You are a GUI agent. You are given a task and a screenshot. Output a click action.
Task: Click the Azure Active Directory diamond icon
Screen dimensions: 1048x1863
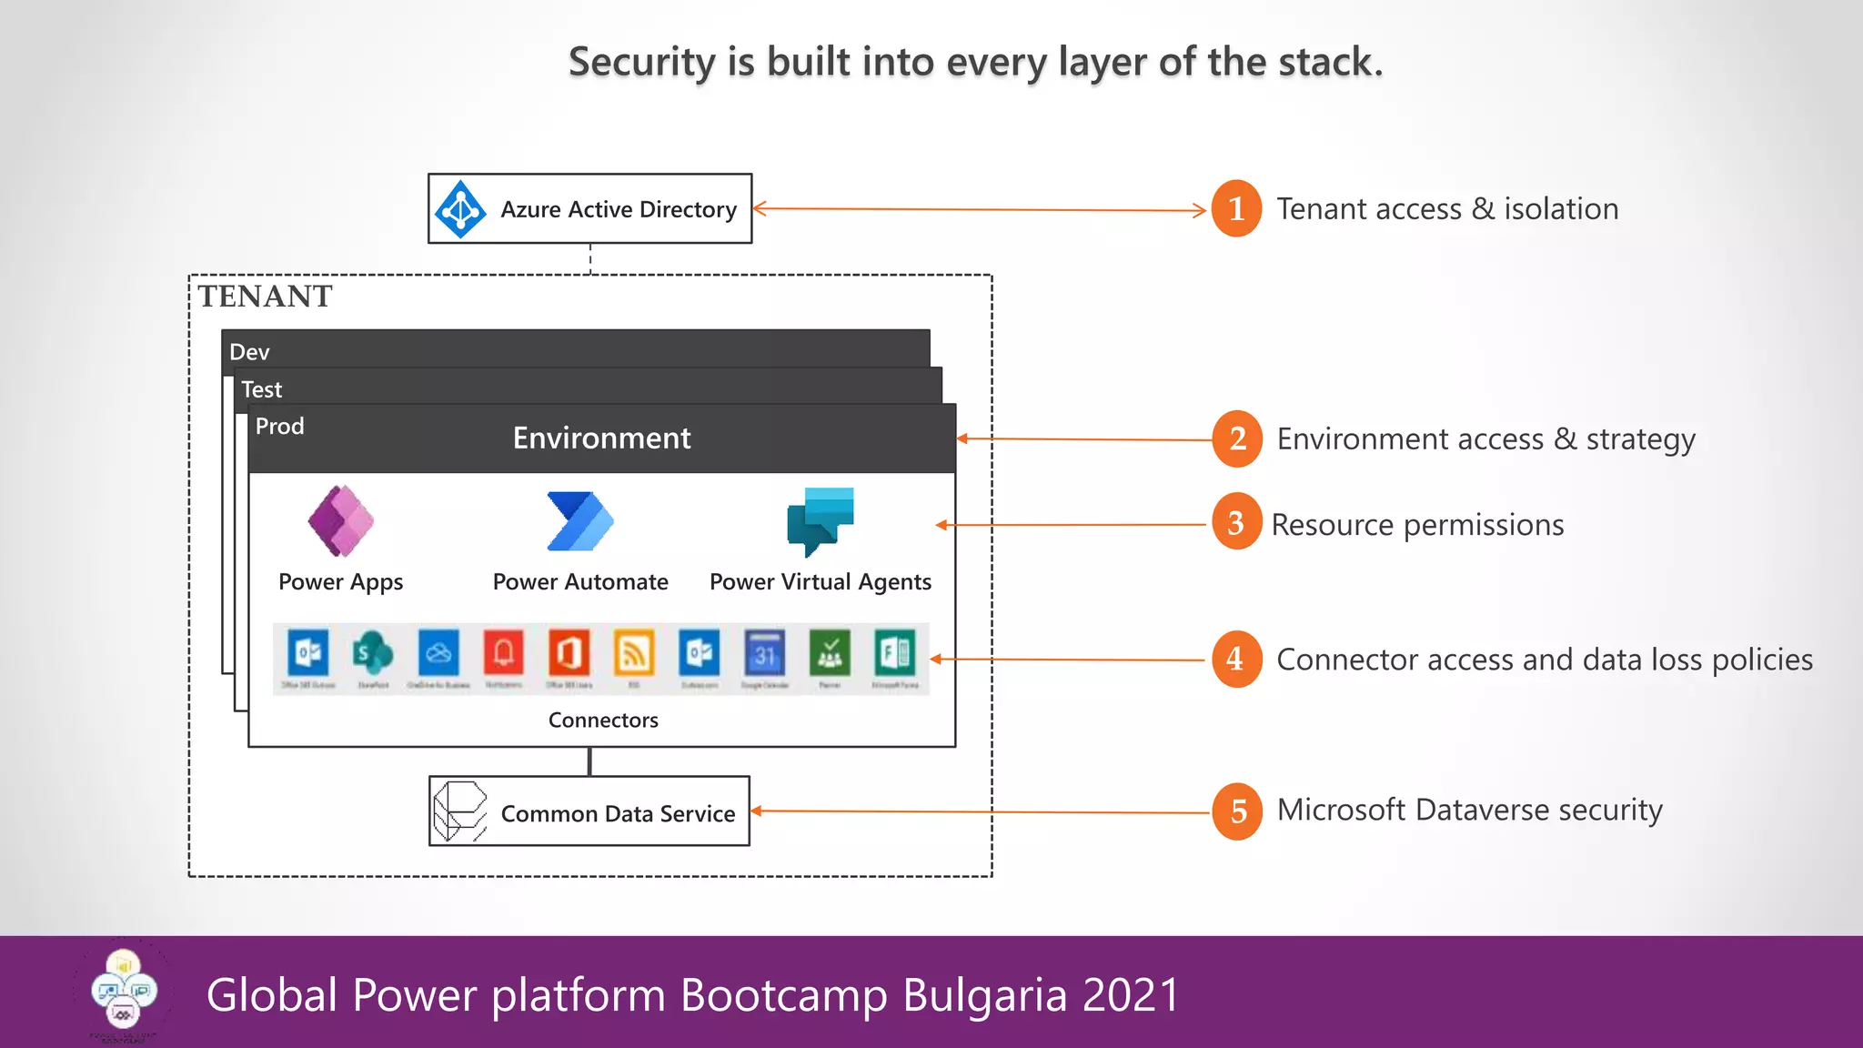tap(460, 209)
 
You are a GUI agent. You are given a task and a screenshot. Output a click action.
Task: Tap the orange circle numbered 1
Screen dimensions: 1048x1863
tap(1236, 208)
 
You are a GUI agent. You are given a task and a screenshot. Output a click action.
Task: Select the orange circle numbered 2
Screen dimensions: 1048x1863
tap(1237, 438)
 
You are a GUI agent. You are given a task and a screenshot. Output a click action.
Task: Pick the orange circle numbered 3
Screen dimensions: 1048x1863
tap(1236, 522)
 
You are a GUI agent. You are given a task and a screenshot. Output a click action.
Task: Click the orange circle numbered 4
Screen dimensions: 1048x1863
tap(1236, 659)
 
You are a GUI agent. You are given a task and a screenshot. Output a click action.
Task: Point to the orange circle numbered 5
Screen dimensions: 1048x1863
tap(1237, 811)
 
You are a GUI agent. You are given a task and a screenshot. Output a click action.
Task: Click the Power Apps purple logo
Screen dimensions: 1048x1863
tap(341, 521)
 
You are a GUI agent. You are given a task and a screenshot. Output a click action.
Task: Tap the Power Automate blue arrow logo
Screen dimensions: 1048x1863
tap(580, 521)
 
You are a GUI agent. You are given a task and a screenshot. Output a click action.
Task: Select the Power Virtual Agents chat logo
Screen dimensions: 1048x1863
tap(820, 521)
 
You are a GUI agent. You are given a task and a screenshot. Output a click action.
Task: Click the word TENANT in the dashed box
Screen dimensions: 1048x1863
tap(266, 297)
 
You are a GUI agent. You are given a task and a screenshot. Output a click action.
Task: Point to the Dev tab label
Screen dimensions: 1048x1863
tap(249, 352)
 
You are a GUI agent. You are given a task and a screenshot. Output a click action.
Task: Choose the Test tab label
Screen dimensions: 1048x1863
tap(261, 389)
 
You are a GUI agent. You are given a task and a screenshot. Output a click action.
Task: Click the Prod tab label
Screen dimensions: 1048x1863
tap(279, 426)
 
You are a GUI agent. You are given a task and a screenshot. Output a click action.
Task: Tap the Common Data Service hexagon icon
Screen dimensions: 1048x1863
tap(460, 811)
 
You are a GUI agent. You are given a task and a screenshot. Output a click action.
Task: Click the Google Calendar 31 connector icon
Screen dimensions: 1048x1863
tap(765, 653)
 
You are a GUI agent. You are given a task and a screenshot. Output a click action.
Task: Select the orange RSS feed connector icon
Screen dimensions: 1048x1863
tap(634, 653)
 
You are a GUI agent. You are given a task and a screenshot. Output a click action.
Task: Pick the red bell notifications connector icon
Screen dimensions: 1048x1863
tap(504, 653)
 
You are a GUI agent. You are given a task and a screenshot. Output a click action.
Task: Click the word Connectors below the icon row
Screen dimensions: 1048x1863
tap(603, 720)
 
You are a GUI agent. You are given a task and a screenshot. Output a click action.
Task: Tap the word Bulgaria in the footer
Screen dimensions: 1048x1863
tap(984, 994)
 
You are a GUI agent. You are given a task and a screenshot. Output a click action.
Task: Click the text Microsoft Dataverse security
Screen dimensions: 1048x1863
tap(1469, 810)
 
